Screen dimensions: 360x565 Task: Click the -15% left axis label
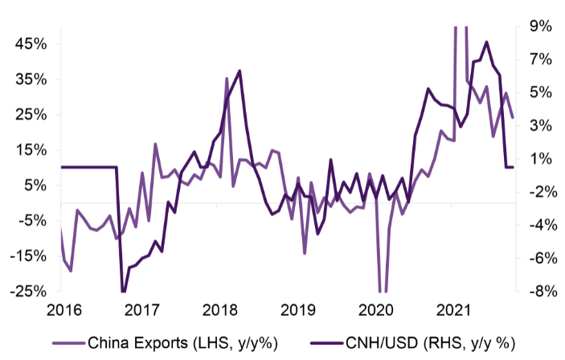click(x=25, y=256)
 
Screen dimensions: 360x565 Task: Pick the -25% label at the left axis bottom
click(x=25, y=291)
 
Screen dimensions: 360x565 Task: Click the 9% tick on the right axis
click(x=535, y=27)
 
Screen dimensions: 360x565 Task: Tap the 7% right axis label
click(x=535, y=59)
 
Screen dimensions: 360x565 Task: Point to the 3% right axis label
click(x=535, y=125)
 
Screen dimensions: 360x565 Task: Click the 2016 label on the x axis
click(x=65, y=310)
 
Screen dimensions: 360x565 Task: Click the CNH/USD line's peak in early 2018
click(x=240, y=72)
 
